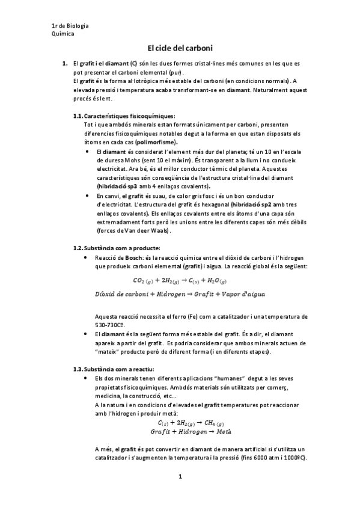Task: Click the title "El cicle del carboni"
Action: (180, 48)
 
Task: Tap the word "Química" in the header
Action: (63, 34)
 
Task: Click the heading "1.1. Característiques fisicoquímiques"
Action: (124, 115)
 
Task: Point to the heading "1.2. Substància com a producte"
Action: (117, 248)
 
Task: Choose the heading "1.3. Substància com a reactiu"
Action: (114, 368)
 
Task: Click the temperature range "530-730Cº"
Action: (110, 324)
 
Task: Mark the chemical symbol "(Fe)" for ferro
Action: (195, 316)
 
